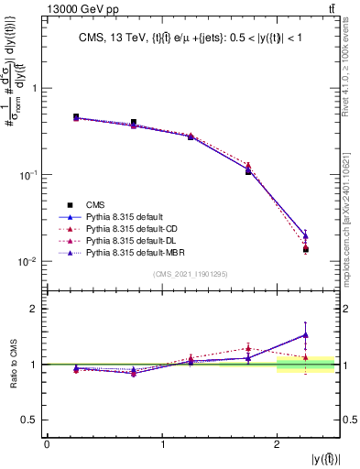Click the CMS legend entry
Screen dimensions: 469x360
pos(93,204)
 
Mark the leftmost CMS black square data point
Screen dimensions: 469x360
pos(76,117)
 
